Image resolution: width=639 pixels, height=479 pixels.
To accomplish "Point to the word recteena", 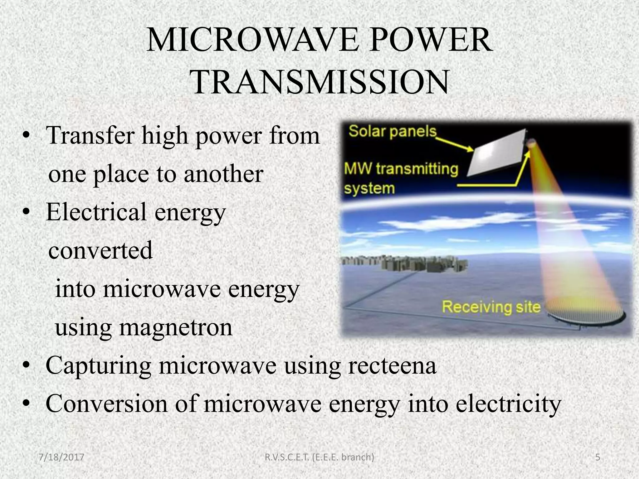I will (392, 365).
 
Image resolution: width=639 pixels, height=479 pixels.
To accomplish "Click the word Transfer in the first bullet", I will (91, 136).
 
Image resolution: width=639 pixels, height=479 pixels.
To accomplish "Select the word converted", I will (100, 250).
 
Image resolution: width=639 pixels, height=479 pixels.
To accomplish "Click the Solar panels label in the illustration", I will (392, 132).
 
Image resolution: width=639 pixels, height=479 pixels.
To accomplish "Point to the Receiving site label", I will (491, 307).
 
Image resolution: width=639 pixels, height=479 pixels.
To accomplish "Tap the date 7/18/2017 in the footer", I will (61, 457).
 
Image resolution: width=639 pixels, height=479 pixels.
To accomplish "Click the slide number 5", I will (598, 457).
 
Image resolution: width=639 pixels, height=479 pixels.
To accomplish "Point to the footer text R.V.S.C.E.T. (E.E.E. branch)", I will (319, 457).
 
